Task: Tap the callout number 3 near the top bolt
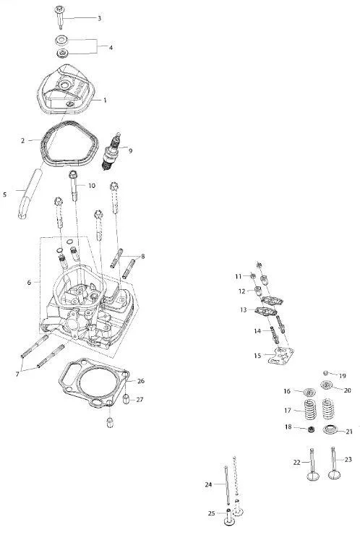(x=99, y=18)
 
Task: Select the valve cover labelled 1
(x=66, y=90)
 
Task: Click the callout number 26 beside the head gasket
(x=140, y=381)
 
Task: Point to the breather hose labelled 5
(x=30, y=193)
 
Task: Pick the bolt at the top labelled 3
(x=60, y=17)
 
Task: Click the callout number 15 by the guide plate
(x=257, y=356)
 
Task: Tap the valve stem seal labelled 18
(x=311, y=429)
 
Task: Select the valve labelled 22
(x=312, y=465)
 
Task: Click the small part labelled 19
(x=325, y=372)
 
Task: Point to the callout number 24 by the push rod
(x=208, y=484)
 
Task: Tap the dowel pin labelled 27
(x=126, y=398)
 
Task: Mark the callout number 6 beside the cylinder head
(x=29, y=283)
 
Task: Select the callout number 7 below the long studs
(x=17, y=374)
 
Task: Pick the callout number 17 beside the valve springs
(x=288, y=410)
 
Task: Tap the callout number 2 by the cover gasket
(x=22, y=140)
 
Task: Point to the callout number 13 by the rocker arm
(x=244, y=310)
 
